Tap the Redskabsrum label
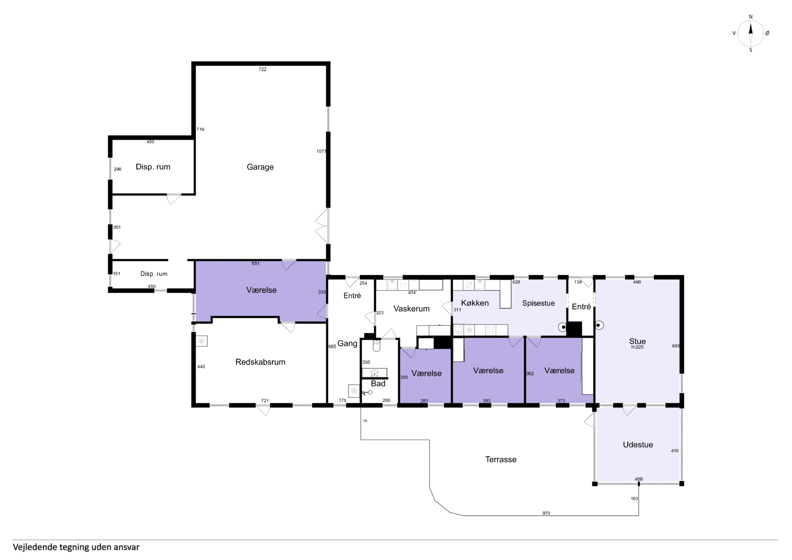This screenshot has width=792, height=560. (x=260, y=362)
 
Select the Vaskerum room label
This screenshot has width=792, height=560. (x=411, y=309)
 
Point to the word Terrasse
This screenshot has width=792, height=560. (x=501, y=459)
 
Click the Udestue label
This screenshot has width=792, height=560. (x=638, y=444)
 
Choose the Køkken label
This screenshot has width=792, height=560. (x=475, y=303)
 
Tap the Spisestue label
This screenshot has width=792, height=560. (x=539, y=303)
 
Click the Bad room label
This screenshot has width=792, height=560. (x=378, y=383)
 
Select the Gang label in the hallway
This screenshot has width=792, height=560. (x=347, y=343)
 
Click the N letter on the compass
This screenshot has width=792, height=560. (x=751, y=17)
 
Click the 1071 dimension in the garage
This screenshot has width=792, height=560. (x=321, y=151)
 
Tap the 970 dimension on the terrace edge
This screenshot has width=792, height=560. (x=546, y=513)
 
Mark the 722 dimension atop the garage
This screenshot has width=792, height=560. (x=263, y=69)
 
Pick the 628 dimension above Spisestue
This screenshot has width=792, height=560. (x=516, y=282)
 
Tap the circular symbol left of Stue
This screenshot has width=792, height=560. (x=599, y=325)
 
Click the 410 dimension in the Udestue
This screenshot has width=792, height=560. (x=675, y=451)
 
